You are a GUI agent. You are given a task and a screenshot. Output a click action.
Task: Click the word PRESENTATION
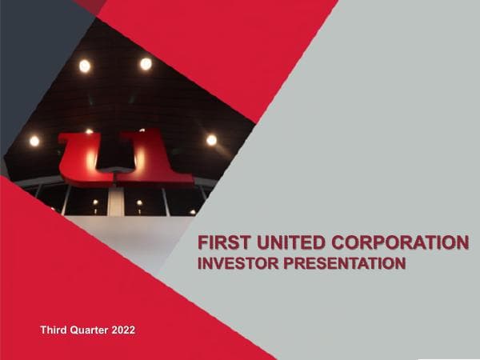[345, 262]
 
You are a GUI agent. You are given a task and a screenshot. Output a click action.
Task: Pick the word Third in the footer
[55, 330]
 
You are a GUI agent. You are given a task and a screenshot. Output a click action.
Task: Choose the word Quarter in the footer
[93, 330]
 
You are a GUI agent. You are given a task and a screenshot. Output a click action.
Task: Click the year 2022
[130, 330]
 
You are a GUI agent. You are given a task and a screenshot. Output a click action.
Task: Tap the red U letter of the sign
[87, 158]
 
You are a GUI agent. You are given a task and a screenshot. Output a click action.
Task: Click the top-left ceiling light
[84, 66]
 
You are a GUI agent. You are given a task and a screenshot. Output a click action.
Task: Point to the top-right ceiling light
[146, 63]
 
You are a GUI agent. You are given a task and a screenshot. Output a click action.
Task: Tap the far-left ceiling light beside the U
[34, 141]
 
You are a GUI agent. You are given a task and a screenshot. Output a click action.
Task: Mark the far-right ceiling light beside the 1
[211, 140]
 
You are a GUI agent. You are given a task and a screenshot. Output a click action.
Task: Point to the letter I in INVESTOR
[200, 262]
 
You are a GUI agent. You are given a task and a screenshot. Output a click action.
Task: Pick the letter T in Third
[43, 330]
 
